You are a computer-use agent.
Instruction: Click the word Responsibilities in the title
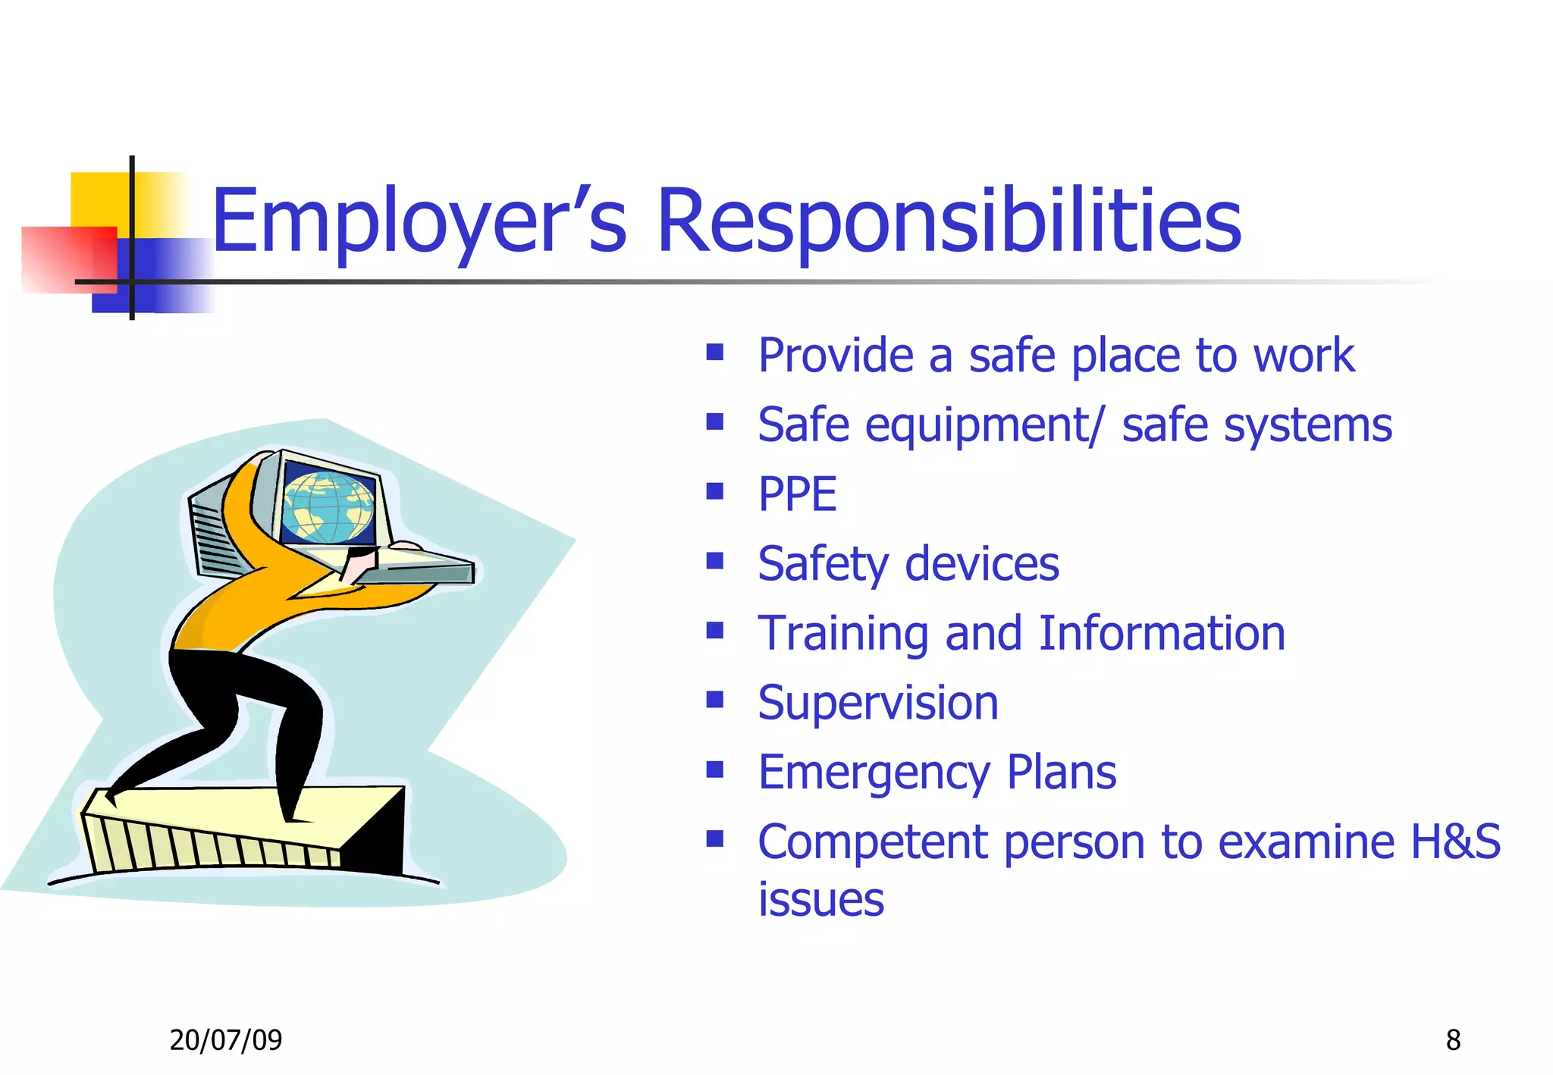949,221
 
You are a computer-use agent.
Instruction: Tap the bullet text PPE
797,494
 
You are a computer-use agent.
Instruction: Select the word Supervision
878,703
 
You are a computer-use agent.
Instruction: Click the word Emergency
874,773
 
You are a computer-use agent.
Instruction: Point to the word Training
842,633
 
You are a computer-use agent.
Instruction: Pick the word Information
1161,633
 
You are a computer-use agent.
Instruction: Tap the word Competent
873,842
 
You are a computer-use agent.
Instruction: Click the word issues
821,900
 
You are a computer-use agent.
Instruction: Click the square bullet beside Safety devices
714,561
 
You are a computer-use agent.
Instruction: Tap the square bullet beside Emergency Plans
714,769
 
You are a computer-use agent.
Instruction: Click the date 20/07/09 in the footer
225,1040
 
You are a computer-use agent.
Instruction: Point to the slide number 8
1453,1040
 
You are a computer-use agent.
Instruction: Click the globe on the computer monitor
328,506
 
